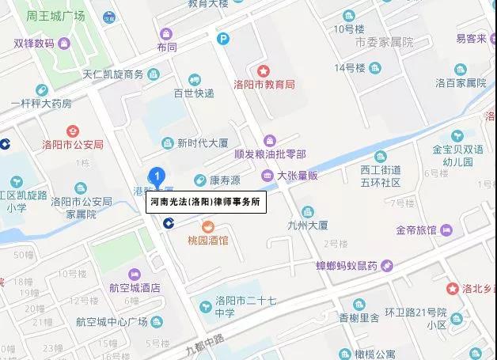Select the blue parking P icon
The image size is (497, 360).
point(224,37)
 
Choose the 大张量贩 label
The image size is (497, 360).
point(298,176)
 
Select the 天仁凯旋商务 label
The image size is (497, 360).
point(113,74)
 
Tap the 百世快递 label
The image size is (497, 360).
point(194,93)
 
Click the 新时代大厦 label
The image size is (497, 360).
point(202,143)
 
